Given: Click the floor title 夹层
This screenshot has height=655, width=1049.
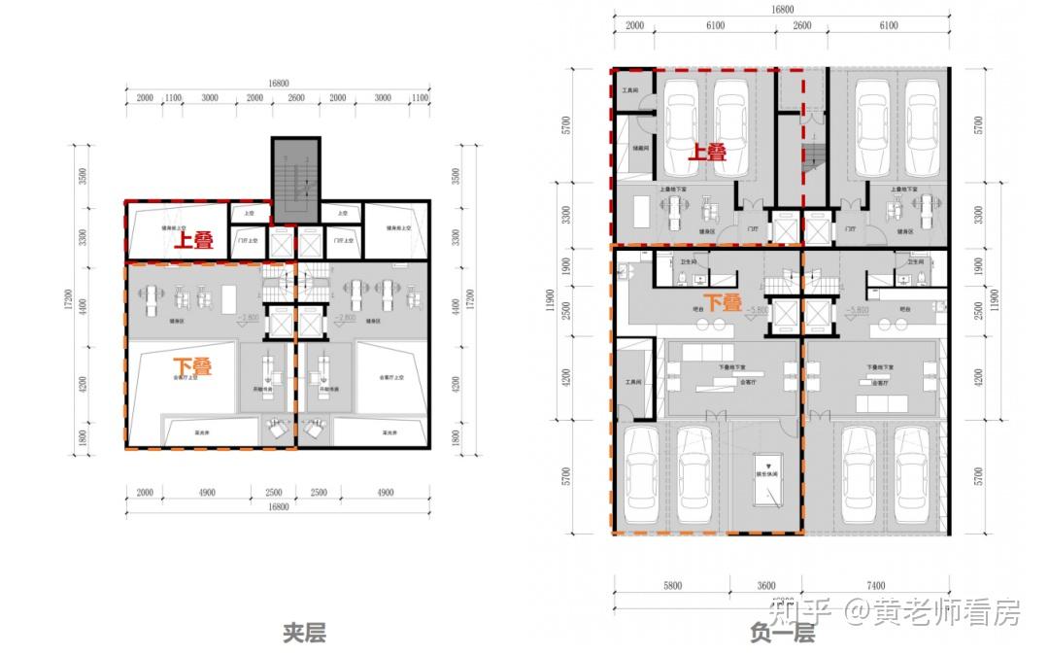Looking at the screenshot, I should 304,634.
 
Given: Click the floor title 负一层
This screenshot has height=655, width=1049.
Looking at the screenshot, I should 782,634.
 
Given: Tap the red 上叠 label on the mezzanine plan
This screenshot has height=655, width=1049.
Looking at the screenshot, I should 193,241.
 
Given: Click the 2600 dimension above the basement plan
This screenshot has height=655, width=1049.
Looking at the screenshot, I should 802,26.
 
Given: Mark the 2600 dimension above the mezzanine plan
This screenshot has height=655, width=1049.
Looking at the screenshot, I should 295,98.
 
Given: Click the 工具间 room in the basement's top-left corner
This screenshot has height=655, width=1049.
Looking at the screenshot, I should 631,90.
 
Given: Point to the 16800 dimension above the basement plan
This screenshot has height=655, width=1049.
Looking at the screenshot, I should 782,10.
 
